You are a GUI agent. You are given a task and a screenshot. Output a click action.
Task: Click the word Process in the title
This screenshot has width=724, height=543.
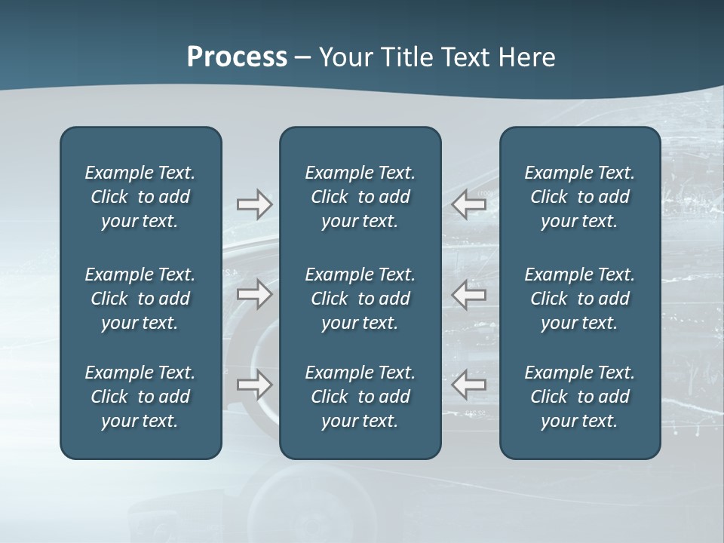237,57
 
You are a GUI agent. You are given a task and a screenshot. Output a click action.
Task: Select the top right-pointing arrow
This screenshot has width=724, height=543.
255,204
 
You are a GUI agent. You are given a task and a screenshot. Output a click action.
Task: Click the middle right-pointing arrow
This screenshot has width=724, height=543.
255,294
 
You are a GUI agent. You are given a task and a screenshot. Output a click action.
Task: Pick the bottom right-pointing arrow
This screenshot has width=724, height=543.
255,385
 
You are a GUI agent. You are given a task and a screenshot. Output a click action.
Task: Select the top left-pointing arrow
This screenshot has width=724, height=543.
468,204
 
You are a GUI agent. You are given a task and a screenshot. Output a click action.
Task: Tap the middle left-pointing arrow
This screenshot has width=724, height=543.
468,294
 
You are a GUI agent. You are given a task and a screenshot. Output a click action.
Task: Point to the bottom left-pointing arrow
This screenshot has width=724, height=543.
468,385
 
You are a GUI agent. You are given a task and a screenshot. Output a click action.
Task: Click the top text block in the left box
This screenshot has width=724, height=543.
140,197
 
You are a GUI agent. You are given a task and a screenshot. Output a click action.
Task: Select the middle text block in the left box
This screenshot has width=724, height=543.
140,299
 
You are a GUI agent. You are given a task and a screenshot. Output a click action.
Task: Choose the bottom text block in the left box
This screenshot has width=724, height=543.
140,397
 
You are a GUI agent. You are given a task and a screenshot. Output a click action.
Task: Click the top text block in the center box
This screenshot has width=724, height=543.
360,197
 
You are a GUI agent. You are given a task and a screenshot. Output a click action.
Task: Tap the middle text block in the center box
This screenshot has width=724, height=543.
360,299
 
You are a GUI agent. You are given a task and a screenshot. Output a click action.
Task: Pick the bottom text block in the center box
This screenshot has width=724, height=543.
360,397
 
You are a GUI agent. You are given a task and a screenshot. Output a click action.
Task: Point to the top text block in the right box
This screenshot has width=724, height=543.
579,197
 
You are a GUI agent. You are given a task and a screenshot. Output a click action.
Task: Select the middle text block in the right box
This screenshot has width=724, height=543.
579,299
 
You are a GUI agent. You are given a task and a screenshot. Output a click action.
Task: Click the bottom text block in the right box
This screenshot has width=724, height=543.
579,397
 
